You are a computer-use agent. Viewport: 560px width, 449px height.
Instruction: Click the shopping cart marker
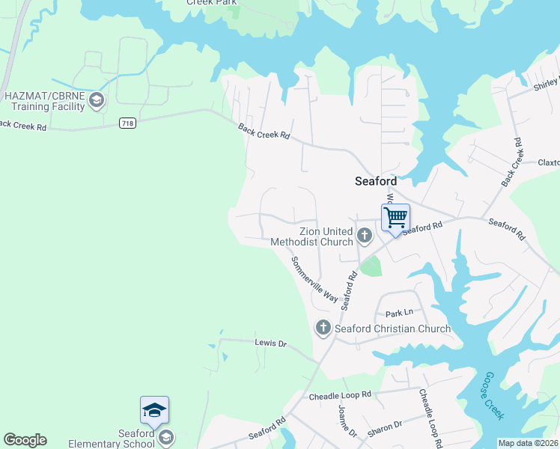395,218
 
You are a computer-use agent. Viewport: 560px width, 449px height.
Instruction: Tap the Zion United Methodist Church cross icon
365,236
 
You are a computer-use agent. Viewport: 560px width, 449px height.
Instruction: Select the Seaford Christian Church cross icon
323,328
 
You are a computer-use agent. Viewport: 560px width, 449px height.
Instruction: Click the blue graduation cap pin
154,410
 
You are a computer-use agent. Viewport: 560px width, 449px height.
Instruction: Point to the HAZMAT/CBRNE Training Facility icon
97,100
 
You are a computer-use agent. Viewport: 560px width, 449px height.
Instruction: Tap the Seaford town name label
375,181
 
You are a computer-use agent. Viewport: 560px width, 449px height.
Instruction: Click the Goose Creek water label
493,394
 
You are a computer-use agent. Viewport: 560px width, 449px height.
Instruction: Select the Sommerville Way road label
315,279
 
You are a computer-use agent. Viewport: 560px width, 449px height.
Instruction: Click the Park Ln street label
399,314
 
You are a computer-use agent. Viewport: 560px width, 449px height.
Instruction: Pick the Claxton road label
548,162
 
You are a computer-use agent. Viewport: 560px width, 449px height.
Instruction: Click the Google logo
25,440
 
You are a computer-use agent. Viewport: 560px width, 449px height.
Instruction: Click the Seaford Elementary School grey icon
166,436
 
